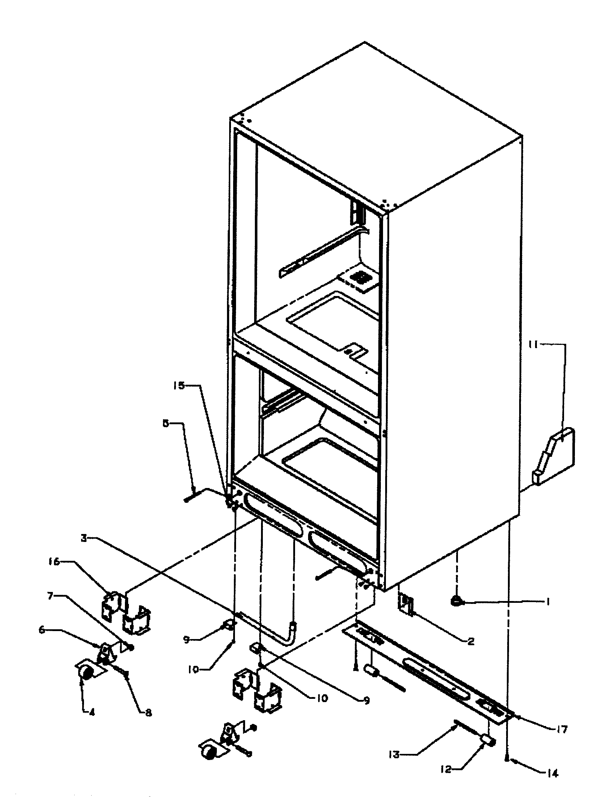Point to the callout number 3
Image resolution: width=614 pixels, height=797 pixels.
84,538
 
